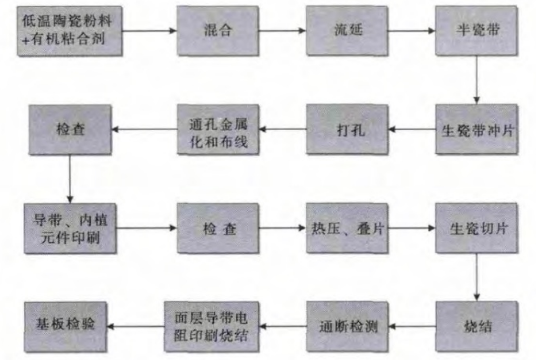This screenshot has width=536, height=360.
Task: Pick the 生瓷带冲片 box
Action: (476, 130)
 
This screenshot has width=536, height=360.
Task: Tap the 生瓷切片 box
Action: (476, 227)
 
